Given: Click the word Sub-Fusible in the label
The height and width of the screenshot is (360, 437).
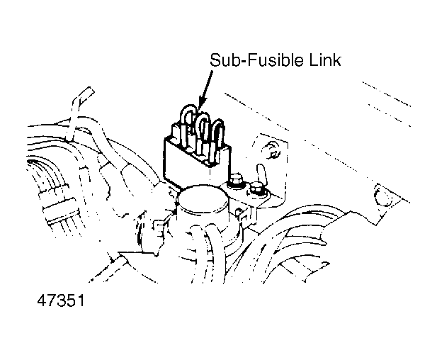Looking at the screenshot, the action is click(x=258, y=60).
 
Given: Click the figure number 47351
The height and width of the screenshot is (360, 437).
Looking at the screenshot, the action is click(x=61, y=300).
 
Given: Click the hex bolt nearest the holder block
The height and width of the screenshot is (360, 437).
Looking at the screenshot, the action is click(x=236, y=180).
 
